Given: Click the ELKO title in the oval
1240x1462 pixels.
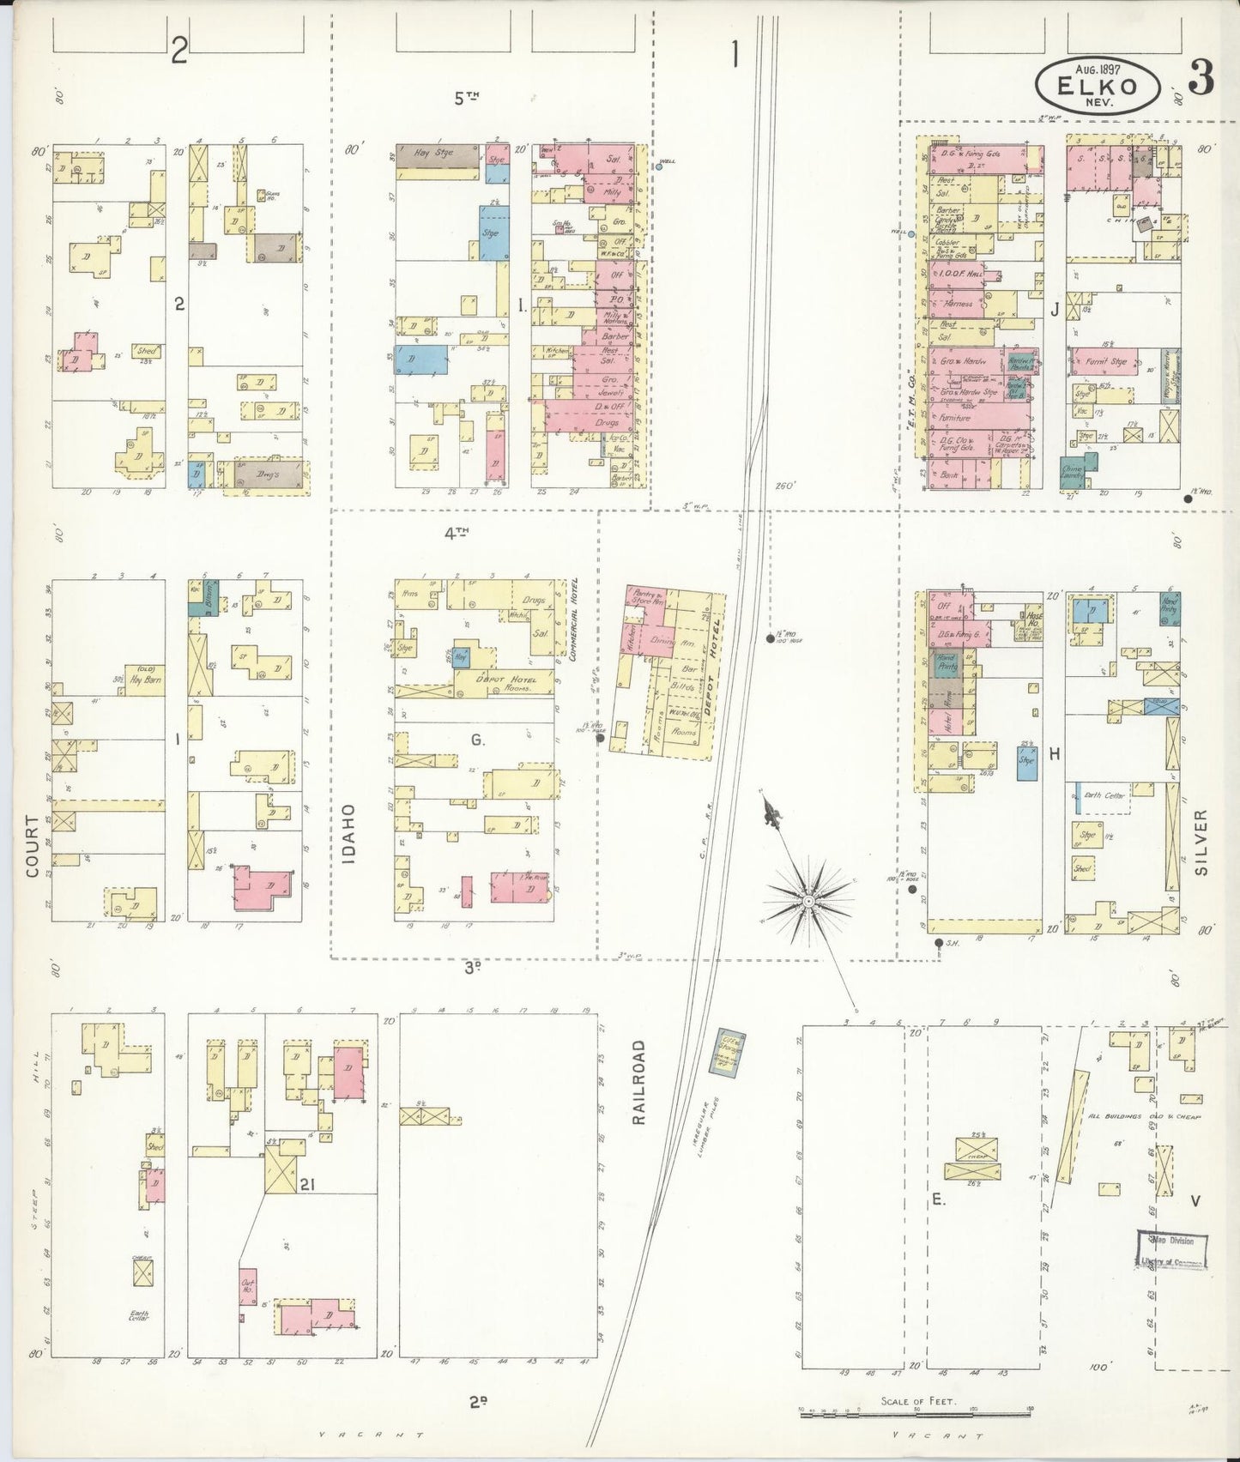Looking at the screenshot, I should [1098, 86].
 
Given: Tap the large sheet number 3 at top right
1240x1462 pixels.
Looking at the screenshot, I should [1201, 79].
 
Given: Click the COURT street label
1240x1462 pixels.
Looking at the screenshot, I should [33, 846].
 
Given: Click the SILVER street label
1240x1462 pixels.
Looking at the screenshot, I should [1201, 842].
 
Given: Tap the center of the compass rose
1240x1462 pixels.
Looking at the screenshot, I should [808, 902].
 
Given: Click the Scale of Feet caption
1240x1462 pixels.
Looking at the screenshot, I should [917, 1402].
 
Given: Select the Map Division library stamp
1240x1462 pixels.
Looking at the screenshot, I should [1172, 1250].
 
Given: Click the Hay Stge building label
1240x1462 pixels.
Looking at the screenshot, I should [433, 153].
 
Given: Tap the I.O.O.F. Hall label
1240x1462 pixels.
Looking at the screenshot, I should [961, 274].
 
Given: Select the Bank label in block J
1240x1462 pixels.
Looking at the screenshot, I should [948, 474].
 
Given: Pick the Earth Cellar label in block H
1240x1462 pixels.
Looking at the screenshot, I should [1104, 795].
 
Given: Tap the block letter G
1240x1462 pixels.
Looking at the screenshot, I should [477, 740].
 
